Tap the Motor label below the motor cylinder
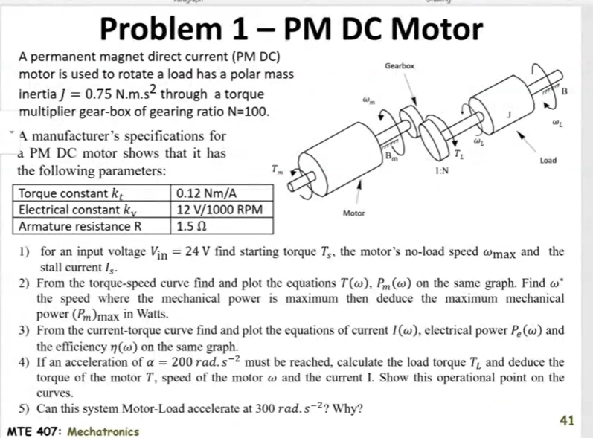[x=355, y=213]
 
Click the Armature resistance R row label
[x=80, y=225]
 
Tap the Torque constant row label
[x=67, y=196]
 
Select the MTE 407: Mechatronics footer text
[x=72, y=431]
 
